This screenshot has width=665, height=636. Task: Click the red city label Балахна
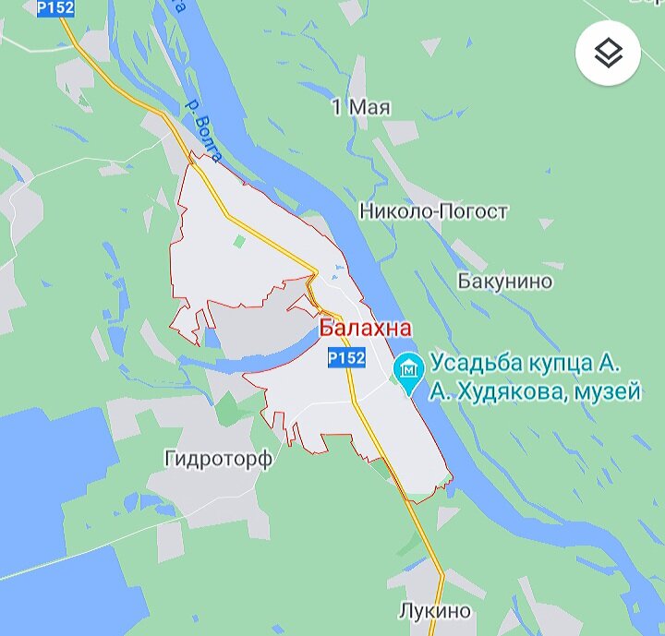click(x=366, y=329)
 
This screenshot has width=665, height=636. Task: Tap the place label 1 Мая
click(x=360, y=108)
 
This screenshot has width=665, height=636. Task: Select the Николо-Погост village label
click(x=433, y=212)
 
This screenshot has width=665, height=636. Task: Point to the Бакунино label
click(x=504, y=282)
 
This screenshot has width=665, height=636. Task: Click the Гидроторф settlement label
click(x=218, y=459)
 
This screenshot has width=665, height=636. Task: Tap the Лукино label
click(x=434, y=611)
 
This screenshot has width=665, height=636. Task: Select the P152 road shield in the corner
click(x=55, y=7)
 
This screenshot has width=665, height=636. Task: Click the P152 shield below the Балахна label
click(x=346, y=357)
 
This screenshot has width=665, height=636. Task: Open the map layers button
click(x=608, y=54)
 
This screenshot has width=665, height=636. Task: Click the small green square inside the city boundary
click(x=240, y=242)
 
